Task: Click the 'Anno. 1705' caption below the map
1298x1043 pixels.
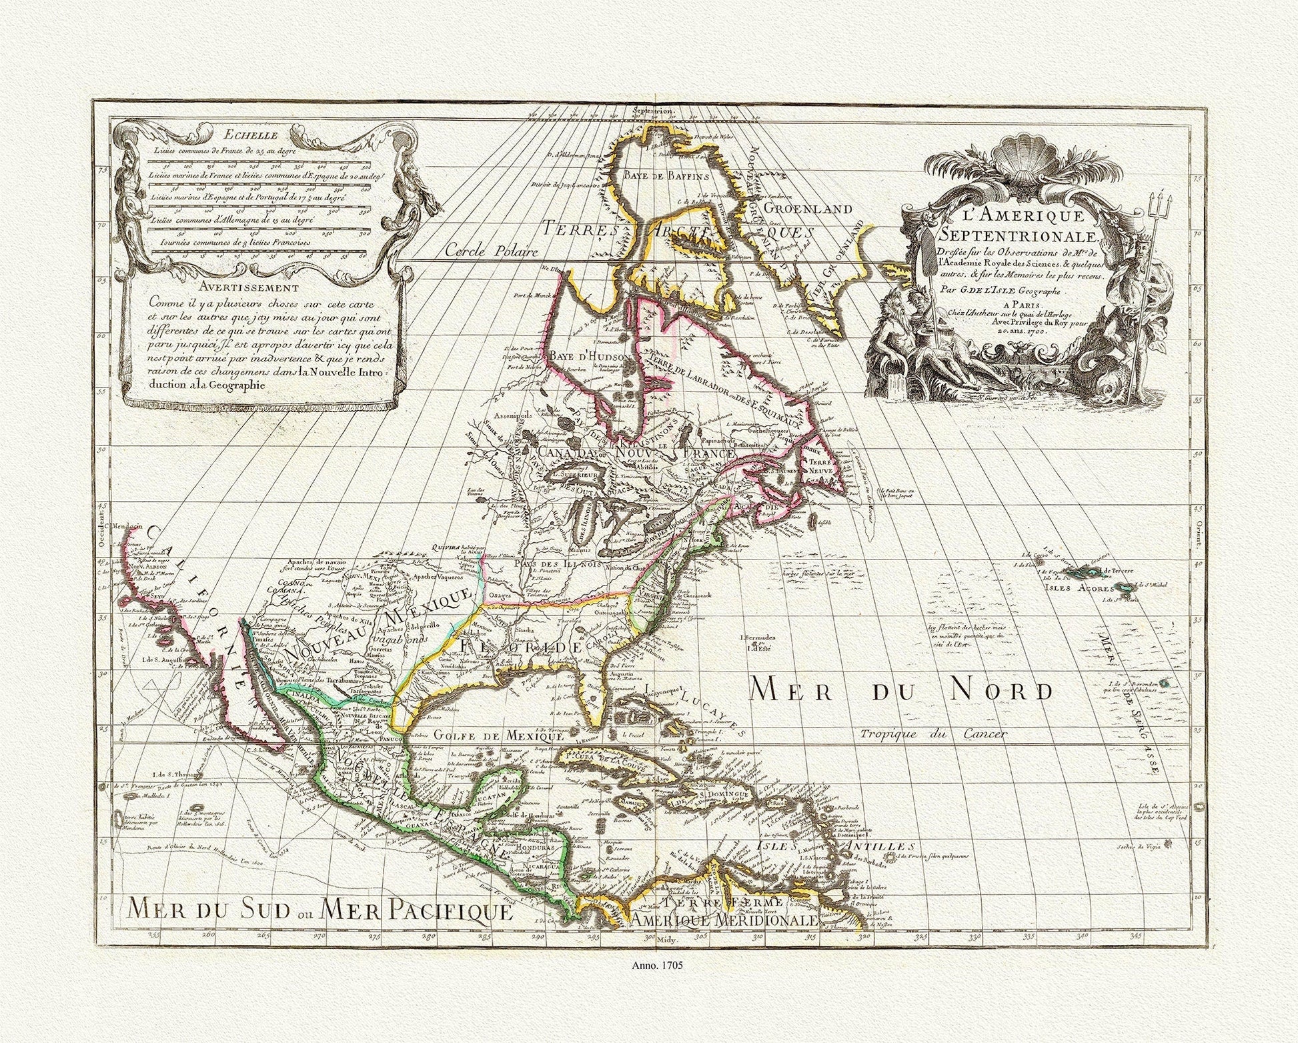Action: tap(649, 964)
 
